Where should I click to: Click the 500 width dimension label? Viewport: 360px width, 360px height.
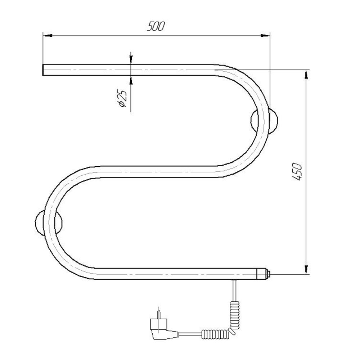(156, 26)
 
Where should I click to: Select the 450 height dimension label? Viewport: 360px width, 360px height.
(297, 171)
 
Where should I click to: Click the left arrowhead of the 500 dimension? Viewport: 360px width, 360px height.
(48, 36)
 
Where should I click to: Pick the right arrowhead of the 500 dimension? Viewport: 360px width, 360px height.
(265, 36)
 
